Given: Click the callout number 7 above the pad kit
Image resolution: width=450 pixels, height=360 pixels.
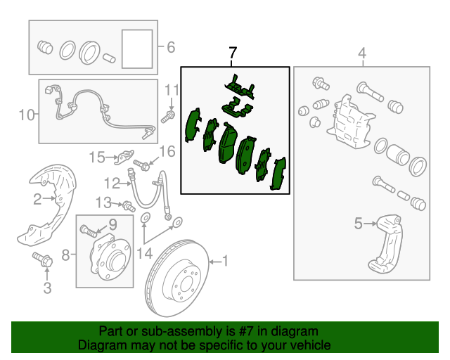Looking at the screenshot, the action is (233, 53).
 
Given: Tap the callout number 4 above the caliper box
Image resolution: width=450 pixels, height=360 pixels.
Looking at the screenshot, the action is (363, 53).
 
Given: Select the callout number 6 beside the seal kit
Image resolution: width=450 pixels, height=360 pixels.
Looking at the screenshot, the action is (171, 47).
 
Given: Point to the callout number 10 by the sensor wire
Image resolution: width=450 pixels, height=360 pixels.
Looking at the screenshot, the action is (27, 115).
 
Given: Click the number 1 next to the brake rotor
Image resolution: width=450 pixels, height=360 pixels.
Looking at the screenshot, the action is (225, 261).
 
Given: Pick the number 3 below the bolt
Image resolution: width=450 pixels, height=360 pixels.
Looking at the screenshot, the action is (47, 288).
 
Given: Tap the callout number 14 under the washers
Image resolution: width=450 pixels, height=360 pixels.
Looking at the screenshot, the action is (145, 254).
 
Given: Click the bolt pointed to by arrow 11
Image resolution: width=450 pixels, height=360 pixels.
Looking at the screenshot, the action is (168, 117).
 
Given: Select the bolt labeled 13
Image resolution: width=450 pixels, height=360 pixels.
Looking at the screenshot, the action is (129, 207).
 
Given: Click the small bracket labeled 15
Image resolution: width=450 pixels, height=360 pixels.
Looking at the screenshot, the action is (124, 157).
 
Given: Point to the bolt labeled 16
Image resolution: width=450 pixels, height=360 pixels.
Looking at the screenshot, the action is (141, 165).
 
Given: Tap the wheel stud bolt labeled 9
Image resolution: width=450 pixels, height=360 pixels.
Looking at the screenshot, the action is (89, 231).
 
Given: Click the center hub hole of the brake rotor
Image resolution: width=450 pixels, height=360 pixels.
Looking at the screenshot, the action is (186, 283).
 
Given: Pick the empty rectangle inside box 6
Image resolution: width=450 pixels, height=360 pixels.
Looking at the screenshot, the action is (137, 49).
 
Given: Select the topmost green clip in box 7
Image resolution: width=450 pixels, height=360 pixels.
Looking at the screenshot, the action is (240, 86).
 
